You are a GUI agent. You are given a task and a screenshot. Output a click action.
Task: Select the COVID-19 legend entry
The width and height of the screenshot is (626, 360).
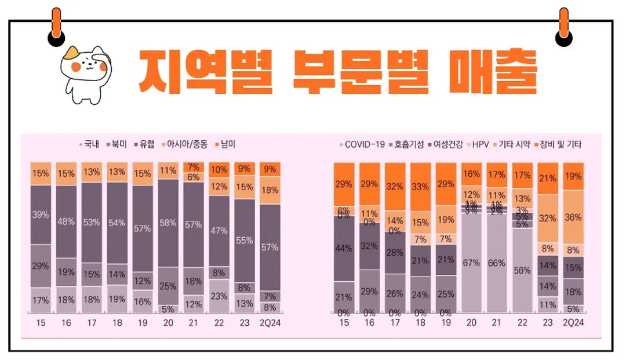362,144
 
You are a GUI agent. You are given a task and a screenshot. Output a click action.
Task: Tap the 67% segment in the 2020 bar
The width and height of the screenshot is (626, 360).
471,263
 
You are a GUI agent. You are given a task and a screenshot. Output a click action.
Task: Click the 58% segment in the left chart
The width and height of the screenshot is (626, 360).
168,223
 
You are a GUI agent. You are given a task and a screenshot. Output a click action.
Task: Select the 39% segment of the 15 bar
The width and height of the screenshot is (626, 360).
41,214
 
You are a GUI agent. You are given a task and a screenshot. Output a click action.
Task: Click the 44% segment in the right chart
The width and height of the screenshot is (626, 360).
344,248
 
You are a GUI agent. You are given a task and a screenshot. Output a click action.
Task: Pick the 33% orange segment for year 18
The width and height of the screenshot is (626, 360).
420,187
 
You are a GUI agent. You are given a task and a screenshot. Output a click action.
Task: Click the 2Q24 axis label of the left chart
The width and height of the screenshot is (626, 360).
270,322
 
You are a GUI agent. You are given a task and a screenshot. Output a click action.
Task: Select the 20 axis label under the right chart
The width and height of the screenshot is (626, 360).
471,322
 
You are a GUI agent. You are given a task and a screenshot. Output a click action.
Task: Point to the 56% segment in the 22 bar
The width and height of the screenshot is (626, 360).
522,270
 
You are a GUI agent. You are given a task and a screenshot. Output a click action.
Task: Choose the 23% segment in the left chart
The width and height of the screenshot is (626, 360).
219,296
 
